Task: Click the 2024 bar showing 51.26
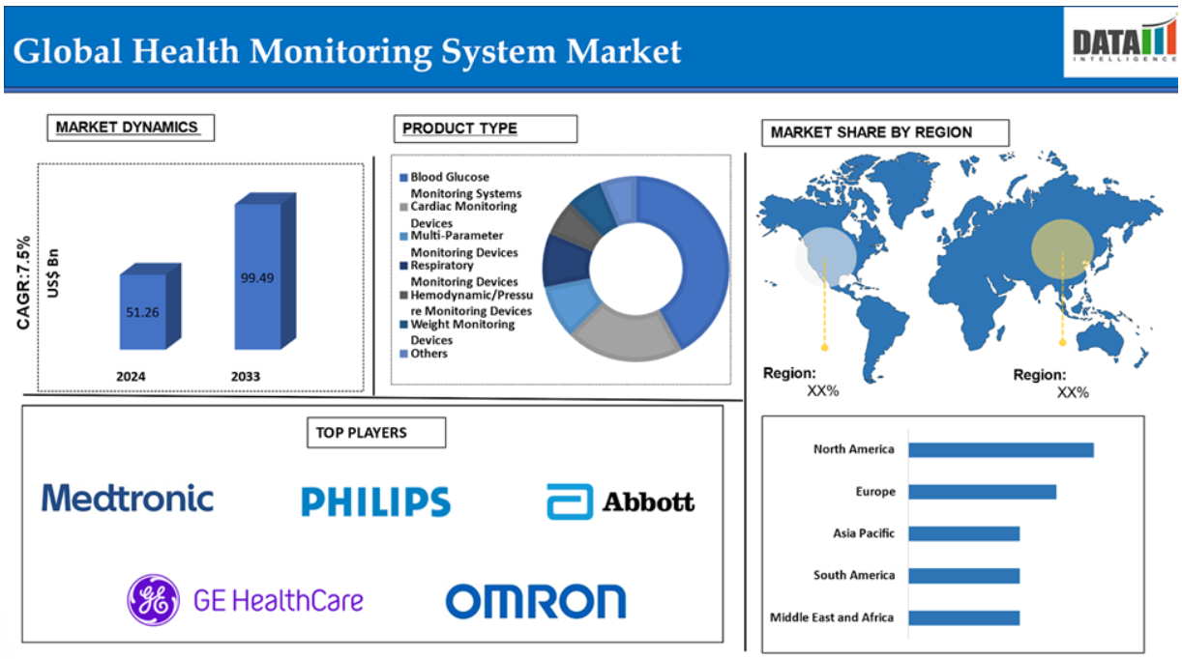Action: pyautogui.click(x=150, y=306)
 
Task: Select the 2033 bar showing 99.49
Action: pyautogui.click(x=265, y=271)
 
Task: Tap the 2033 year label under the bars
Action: pyautogui.click(x=246, y=377)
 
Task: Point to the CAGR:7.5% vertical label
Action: pyautogui.click(x=23, y=283)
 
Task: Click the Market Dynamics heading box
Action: pyautogui.click(x=131, y=128)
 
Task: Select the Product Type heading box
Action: pyautogui.click(x=485, y=129)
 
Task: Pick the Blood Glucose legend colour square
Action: pyautogui.click(x=403, y=178)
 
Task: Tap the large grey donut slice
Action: pyautogui.click(x=626, y=334)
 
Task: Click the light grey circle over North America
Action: pyautogui.click(x=826, y=257)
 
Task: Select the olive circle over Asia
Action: pyautogui.click(x=1062, y=249)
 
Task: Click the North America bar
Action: pyautogui.click(x=1001, y=449)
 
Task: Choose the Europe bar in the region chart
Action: pyautogui.click(x=983, y=492)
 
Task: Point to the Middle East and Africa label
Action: pyautogui.click(x=832, y=617)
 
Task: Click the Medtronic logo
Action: pyautogui.click(x=128, y=499)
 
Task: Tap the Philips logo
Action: pyautogui.click(x=375, y=501)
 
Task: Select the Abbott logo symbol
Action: pyautogui.click(x=570, y=501)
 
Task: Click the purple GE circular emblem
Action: pyautogui.click(x=153, y=600)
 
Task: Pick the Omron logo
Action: pyautogui.click(x=536, y=601)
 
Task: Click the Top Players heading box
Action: pyautogui.click(x=376, y=433)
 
